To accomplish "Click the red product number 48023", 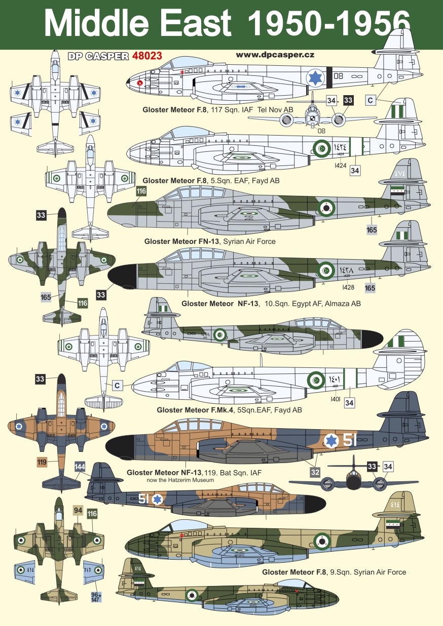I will coord(146,56).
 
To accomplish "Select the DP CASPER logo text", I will coord(98,57).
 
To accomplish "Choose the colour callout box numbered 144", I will coord(80,467).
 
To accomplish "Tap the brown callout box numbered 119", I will coord(42,462).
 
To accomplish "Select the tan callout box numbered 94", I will coord(78,511).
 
